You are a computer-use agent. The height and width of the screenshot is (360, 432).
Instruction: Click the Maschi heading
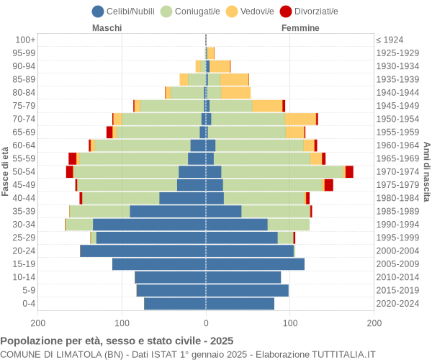click(107, 28)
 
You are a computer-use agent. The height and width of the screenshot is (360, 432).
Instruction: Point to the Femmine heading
click(300, 28)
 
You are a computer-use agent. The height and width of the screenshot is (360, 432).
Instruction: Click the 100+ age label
click(25, 40)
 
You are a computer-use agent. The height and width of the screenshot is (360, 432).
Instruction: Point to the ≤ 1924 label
click(390, 40)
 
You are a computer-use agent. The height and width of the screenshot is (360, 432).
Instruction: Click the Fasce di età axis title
click(6, 171)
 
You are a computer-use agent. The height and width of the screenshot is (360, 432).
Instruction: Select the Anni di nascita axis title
click(426, 171)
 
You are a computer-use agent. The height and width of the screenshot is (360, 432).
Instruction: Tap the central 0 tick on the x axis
click(206, 324)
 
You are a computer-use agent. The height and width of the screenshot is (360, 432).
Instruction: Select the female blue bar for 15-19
click(255, 264)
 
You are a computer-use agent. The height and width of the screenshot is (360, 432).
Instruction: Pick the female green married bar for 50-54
click(282, 171)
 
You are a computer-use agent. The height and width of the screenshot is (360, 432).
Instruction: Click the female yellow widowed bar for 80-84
click(236, 92)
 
